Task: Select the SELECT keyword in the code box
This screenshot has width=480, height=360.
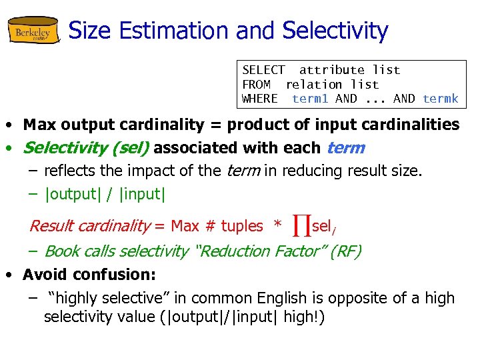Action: (x=263, y=70)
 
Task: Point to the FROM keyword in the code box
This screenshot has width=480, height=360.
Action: (x=256, y=85)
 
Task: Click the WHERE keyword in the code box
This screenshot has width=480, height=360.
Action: (x=259, y=99)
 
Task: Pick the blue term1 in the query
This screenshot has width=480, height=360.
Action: (x=310, y=99)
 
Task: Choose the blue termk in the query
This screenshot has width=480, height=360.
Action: (x=440, y=99)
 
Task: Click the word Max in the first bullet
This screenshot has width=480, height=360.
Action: (x=38, y=125)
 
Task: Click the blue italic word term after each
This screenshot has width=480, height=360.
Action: (x=345, y=148)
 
